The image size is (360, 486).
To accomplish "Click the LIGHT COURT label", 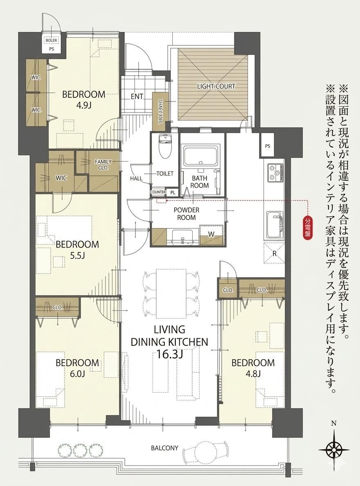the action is pyautogui.click(x=216, y=86).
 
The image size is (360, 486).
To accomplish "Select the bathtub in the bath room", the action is pyautogui.click(x=202, y=157).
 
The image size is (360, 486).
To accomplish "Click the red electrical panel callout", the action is pyautogui.click(x=308, y=228).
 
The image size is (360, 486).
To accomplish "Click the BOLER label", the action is pyautogui.click(x=51, y=40).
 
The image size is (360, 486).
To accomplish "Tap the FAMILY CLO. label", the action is pyautogui.click(x=103, y=164).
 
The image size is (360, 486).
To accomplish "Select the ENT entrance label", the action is pyautogui.click(x=137, y=97).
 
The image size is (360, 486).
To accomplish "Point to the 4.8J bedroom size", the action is pyautogui.click(x=254, y=373).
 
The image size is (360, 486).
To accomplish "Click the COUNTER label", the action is pyautogui.click(x=158, y=192).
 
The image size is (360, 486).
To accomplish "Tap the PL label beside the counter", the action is pyautogui.click(x=173, y=193).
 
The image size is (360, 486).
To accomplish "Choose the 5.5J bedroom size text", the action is pyautogui.click(x=77, y=255).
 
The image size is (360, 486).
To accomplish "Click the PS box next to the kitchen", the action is pyautogui.click(x=268, y=145).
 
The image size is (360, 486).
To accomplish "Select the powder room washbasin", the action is pyautogui.click(x=182, y=237).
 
